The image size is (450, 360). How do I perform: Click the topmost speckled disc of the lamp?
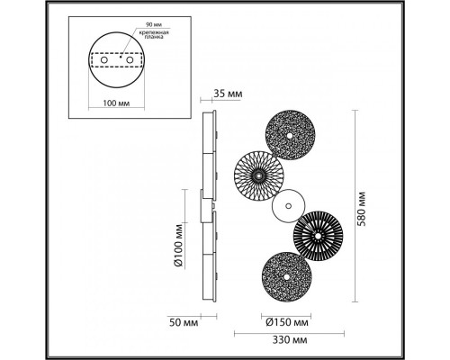point(290,135)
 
